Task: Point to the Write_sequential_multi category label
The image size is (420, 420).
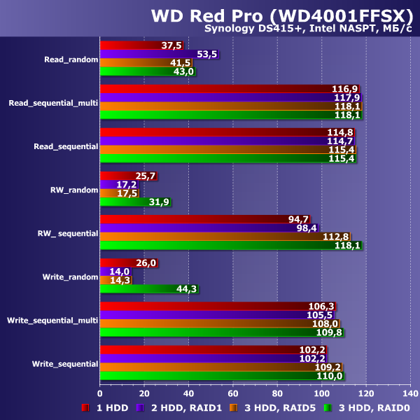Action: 52,320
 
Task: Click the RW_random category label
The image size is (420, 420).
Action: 73,189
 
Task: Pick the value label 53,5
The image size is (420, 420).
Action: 208,55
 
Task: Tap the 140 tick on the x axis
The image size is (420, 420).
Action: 409,392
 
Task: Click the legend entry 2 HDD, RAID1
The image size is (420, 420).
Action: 183,407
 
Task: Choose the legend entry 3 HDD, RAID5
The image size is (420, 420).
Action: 277,407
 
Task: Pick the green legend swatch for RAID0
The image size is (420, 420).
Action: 328,407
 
